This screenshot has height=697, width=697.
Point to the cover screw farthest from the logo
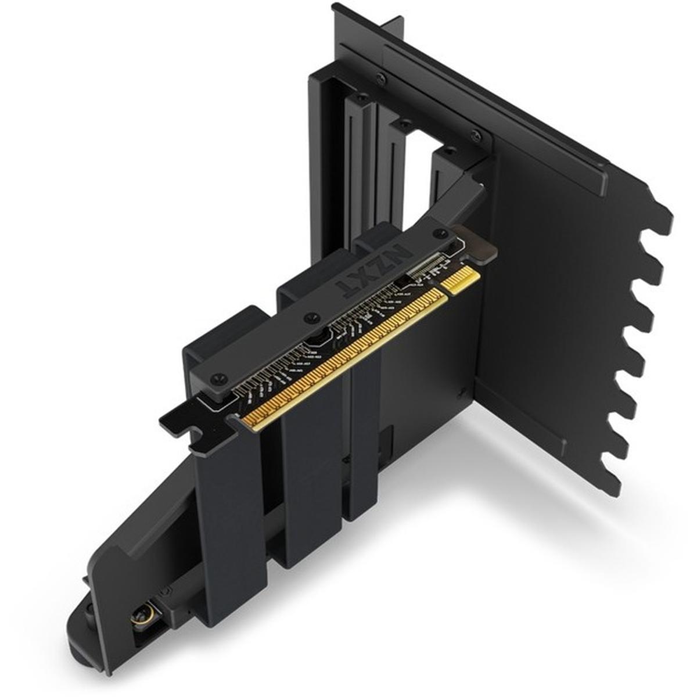point(218,376)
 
